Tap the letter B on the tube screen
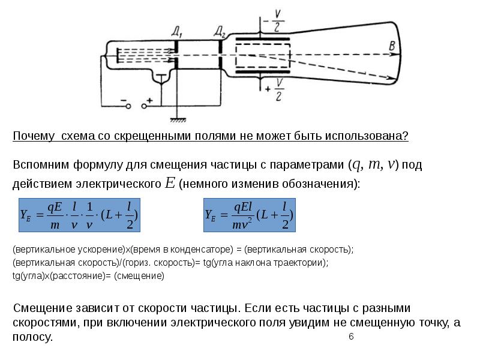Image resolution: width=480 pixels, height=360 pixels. [x=392, y=46]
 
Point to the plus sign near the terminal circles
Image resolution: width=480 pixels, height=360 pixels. [x=150, y=100]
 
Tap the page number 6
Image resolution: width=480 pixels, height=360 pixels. [x=351, y=337]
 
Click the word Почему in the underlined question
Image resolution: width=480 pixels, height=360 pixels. [x=34, y=136]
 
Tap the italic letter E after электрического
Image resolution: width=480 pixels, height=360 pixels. [x=170, y=184]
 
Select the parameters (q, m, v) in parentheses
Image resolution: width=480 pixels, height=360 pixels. [x=374, y=164]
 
